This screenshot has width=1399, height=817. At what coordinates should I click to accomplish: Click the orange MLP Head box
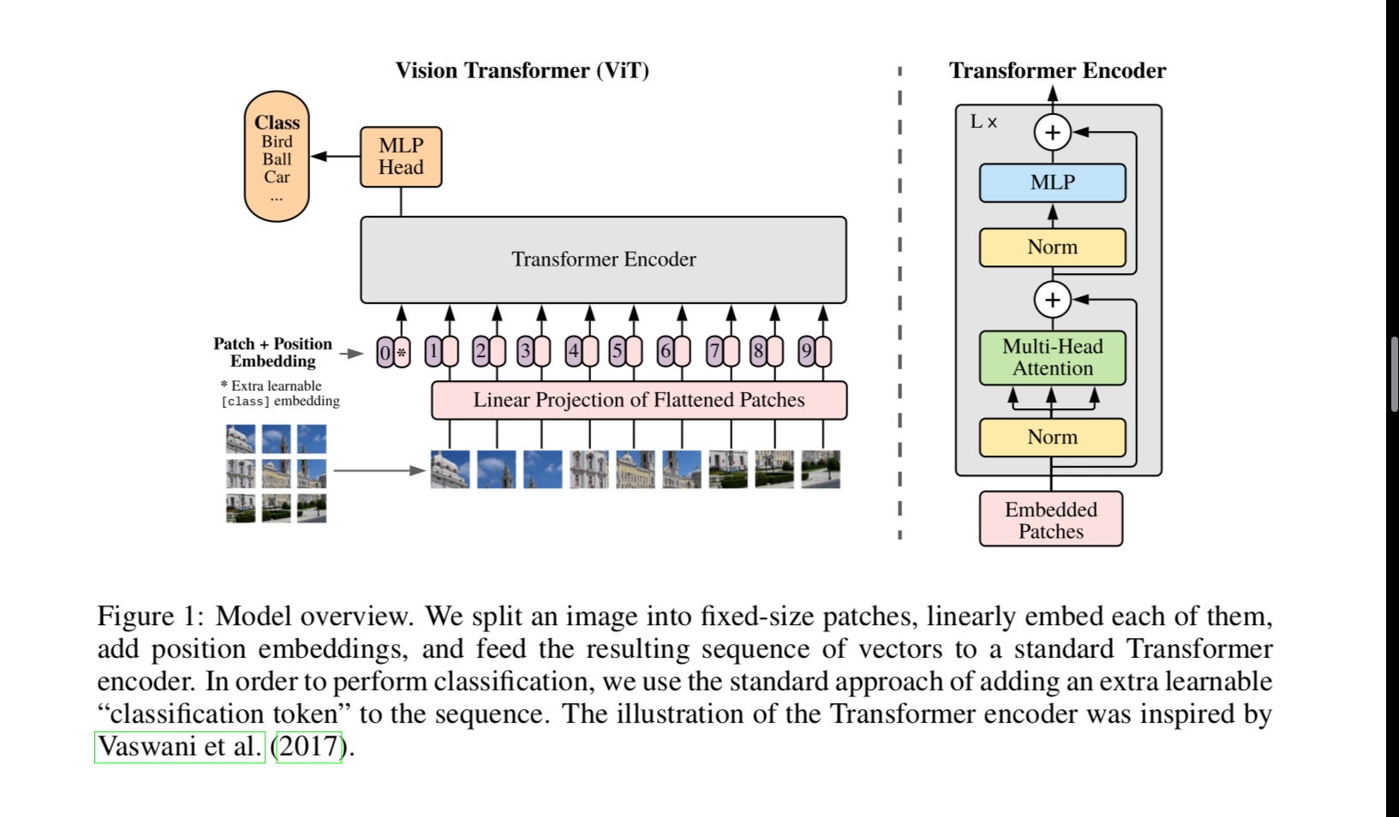click(x=401, y=157)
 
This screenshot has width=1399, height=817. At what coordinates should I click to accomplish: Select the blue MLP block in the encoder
click(x=1052, y=182)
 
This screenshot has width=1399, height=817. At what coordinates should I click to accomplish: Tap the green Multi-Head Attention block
click(x=1052, y=357)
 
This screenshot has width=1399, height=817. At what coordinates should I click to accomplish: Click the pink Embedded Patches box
click(x=1050, y=520)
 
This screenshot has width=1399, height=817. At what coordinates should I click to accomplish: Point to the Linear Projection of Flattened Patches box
click(x=638, y=400)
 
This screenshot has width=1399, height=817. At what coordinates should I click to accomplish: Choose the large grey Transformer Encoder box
click(x=603, y=259)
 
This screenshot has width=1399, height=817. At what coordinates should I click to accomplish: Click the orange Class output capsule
click(x=277, y=157)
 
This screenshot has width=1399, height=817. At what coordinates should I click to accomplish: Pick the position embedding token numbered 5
click(x=625, y=351)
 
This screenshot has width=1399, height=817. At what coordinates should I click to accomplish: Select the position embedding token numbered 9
click(x=814, y=351)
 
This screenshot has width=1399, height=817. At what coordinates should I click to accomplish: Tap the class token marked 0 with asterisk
click(x=393, y=352)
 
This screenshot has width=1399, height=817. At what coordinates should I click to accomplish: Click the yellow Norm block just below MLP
click(x=1052, y=247)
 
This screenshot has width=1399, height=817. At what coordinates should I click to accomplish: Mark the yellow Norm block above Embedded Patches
click(x=1052, y=438)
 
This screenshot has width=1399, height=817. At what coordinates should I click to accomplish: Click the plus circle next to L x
click(x=1052, y=133)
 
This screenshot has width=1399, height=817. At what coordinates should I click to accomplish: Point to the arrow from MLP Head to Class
click(x=335, y=157)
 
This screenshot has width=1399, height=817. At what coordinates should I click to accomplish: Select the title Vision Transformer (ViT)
click(x=522, y=70)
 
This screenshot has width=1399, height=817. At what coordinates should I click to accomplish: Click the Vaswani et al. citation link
click(x=180, y=747)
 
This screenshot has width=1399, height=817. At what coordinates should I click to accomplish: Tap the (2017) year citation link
click(x=308, y=747)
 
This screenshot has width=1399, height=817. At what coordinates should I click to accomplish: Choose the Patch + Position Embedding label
click(x=272, y=352)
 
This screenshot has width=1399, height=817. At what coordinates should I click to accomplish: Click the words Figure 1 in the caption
click(x=147, y=617)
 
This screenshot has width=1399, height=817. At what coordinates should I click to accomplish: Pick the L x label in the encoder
click(x=983, y=122)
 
